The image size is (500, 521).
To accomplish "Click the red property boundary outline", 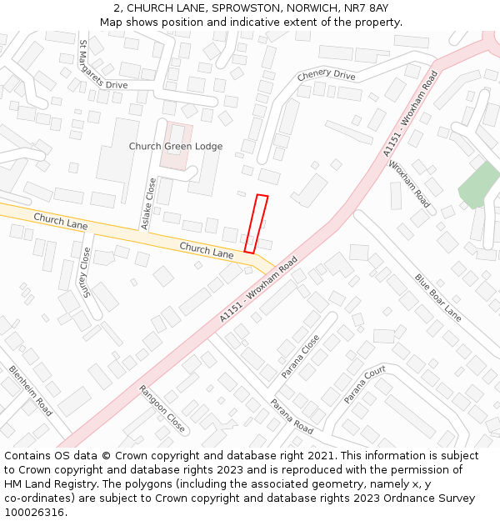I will [x=256, y=223].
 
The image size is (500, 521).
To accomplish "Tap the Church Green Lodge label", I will [x=175, y=147].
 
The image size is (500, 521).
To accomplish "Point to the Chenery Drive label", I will [x=326, y=76].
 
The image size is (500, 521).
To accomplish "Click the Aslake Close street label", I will [x=148, y=203].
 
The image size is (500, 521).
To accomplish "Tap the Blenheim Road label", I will [x=31, y=390].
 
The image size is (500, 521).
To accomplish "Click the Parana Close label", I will [x=300, y=356].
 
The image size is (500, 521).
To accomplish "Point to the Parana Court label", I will [x=365, y=384].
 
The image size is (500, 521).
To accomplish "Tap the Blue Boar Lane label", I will [x=437, y=298].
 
